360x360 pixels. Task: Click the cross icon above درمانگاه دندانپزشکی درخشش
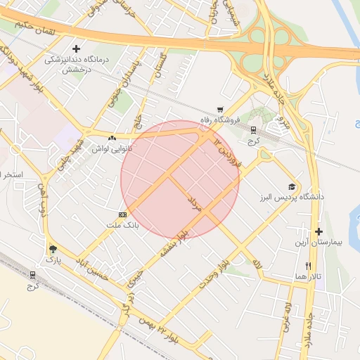click(86, 49)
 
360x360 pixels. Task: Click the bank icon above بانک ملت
click(122, 214)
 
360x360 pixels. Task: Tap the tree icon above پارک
click(53, 249)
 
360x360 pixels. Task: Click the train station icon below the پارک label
click(34, 275)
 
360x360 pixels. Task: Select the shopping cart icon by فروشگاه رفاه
click(220, 109)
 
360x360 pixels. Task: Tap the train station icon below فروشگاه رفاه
click(254, 129)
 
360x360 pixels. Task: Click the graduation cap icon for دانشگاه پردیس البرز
click(291, 186)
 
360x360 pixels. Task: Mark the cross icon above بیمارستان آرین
click(319, 231)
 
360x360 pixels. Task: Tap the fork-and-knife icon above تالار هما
click(308, 266)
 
